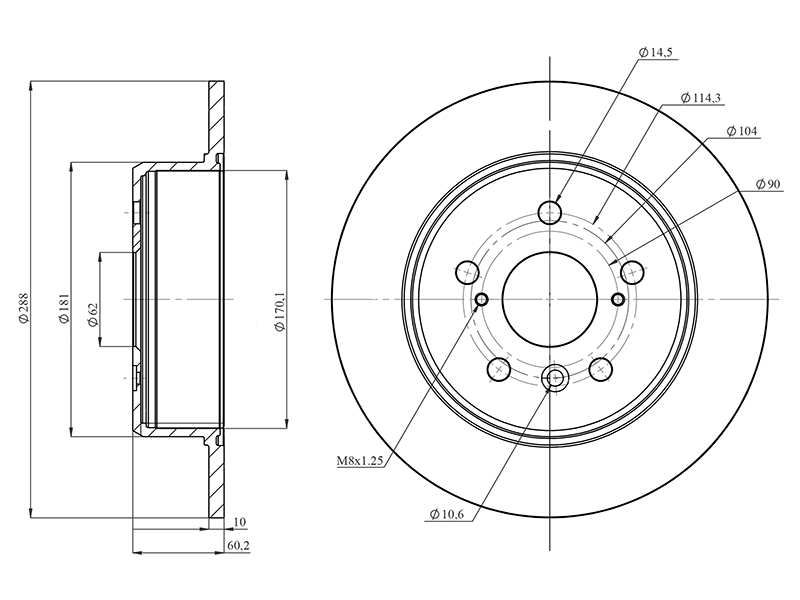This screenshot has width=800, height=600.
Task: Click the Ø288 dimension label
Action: coord(23,307)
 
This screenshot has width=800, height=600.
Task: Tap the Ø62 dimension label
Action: coord(92,314)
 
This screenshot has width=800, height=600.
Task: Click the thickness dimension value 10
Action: coord(239,522)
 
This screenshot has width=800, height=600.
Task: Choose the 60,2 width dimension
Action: coord(238,546)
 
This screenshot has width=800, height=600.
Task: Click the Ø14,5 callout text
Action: coord(656,52)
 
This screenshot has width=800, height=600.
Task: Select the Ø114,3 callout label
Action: coord(701,98)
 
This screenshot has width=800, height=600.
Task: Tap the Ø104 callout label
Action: coord(742,131)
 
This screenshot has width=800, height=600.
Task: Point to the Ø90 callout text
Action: coord(768,184)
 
